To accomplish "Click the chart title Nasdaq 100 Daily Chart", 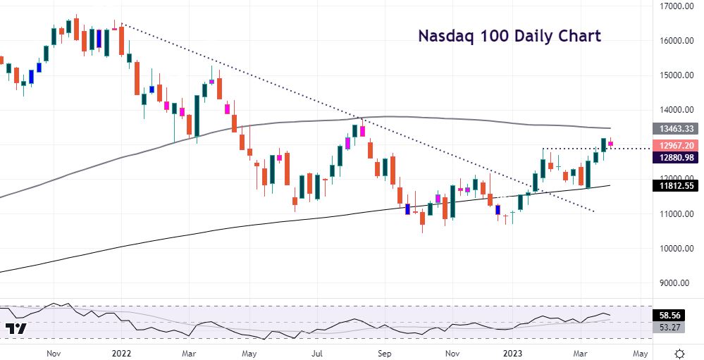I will tap(510, 36).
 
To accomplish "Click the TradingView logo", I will tap(16, 329).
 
